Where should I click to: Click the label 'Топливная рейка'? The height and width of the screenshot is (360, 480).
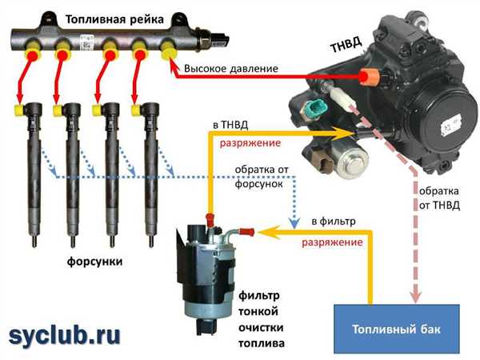click(114, 19)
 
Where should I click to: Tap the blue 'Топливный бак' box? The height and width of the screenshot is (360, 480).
click(397, 329)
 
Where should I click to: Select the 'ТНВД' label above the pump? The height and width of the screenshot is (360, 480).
click(346, 45)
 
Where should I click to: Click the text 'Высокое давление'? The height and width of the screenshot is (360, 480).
click(231, 69)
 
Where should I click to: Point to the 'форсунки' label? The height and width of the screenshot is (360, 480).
click(94, 262)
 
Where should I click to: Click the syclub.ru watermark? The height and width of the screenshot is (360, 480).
click(64, 336)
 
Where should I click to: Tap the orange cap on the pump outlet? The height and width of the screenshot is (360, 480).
click(369, 77)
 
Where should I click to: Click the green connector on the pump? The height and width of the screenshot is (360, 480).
click(315, 107)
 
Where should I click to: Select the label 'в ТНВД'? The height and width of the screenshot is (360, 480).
click(230, 125)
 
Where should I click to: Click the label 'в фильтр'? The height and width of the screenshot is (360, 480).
click(334, 221)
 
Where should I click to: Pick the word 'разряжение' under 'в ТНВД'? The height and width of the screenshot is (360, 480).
click(250, 143)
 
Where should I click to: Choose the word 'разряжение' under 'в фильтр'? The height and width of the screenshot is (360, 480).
click(333, 242)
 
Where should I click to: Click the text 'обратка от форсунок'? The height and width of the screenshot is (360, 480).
click(261, 177)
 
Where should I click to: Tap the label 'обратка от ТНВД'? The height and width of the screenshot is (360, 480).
click(439, 198)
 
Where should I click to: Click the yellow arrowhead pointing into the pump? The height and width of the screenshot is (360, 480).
click(344, 133)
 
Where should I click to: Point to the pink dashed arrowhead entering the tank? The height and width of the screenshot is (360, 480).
click(415, 295)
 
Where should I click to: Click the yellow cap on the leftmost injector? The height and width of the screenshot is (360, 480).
click(19, 110)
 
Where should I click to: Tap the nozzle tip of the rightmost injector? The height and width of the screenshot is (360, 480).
click(151, 242)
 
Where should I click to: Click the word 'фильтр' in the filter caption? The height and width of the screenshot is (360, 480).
click(258, 296)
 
